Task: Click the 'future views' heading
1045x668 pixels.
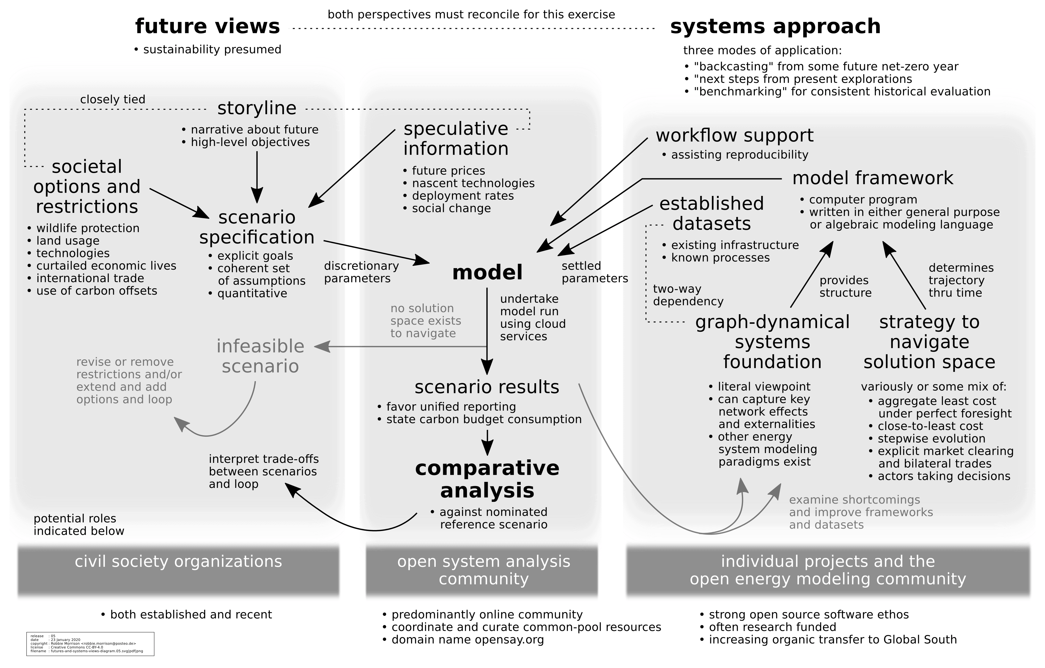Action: (x=207, y=26)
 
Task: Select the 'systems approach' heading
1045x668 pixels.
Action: (x=775, y=26)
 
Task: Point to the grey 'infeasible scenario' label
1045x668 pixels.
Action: (x=260, y=356)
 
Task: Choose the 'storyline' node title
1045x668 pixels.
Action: (x=256, y=108)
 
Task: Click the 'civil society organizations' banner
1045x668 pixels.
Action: (x=178, y=562)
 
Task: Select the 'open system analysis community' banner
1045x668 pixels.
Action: (x=484, y=570)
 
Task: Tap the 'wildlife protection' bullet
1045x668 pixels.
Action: (x=88, y=228)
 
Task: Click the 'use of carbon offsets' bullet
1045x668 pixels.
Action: (x=96, y=291)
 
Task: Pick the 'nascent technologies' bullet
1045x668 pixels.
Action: (x=473, y=183)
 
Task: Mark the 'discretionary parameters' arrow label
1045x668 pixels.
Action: (x=361, y=272)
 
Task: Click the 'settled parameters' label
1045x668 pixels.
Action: (x=594, y=272)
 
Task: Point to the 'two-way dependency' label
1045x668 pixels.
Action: (x=688, y=295)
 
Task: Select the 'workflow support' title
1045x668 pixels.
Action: (x=734, y=136)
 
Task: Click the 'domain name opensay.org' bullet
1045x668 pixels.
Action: (x=468, y=640)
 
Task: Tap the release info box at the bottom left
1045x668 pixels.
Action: (x=90, y=644)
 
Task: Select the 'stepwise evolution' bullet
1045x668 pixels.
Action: (x=931, y=439)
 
